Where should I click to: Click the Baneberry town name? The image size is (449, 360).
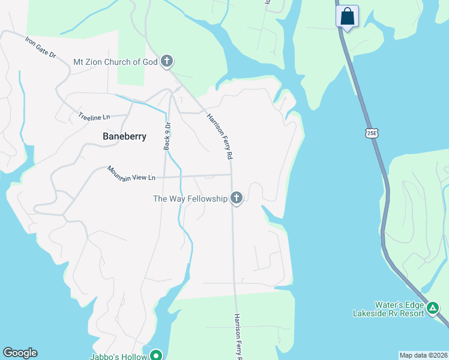pos(124,136)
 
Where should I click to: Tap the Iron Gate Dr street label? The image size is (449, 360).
pos(40,47)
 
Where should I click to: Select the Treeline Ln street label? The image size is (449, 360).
pos(94,116)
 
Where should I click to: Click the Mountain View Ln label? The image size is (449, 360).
pos(131,174)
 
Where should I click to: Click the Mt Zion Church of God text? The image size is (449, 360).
pos(115,62)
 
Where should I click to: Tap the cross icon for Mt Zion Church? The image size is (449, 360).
pos(167,61)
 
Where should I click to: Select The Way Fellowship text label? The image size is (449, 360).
pos(190,199)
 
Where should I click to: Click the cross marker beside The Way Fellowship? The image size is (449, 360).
pos(237,198)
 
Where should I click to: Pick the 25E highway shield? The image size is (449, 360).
pos(371,132)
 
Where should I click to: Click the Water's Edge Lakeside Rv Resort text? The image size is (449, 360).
pos(388,308)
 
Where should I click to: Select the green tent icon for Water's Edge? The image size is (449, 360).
pos(433,308)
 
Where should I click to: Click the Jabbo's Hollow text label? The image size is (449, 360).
pos(119,355)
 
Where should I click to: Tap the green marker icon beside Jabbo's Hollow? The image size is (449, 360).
pos(156,355)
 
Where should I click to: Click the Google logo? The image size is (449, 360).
pos(20,353)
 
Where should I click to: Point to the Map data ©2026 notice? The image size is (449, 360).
pos(423,355)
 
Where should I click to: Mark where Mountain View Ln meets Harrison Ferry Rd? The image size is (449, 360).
pos(232,175)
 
